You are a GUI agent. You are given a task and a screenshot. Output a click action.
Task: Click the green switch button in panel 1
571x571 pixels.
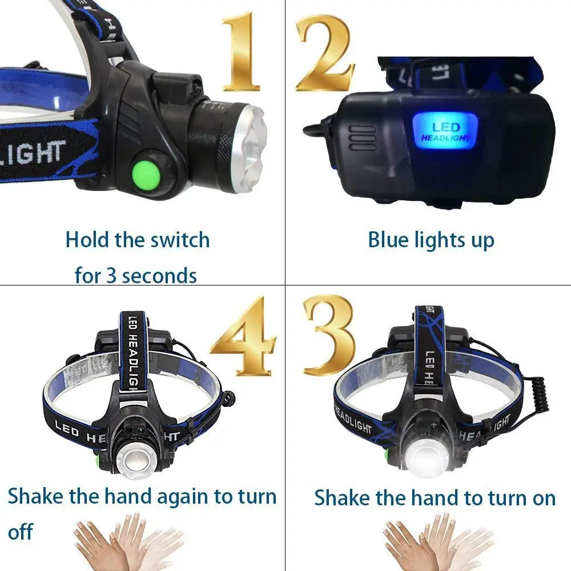147,172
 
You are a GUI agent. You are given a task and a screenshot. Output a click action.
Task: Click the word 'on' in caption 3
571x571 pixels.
543,498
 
